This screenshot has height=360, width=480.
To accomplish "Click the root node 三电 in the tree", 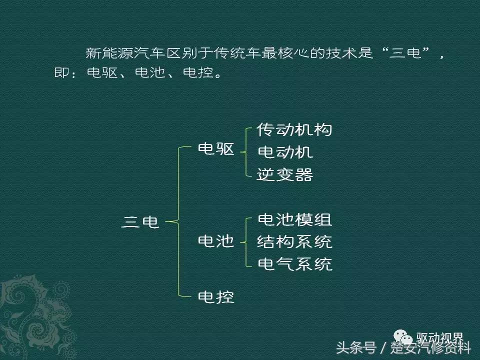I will click(x=140, y=221).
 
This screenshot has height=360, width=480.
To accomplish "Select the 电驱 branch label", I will click(x=216, y=149).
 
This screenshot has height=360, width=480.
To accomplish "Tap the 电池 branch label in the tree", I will click(x=216, y=242).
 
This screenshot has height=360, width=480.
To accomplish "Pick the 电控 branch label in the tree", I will click(x=216, y=297).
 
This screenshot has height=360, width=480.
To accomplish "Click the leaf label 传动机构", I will click(x=294, y=130).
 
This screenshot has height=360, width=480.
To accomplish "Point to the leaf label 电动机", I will click(x=284, y=152).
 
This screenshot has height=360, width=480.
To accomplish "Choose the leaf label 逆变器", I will click(x=284, y=174).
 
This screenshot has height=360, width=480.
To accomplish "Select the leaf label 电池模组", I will click(x=294, y=219).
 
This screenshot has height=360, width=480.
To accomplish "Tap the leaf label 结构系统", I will click(x=294, y=242).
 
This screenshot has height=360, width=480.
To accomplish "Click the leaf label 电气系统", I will click(x=294, y=264).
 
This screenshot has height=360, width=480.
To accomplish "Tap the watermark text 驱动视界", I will click(x=440, y=338).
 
